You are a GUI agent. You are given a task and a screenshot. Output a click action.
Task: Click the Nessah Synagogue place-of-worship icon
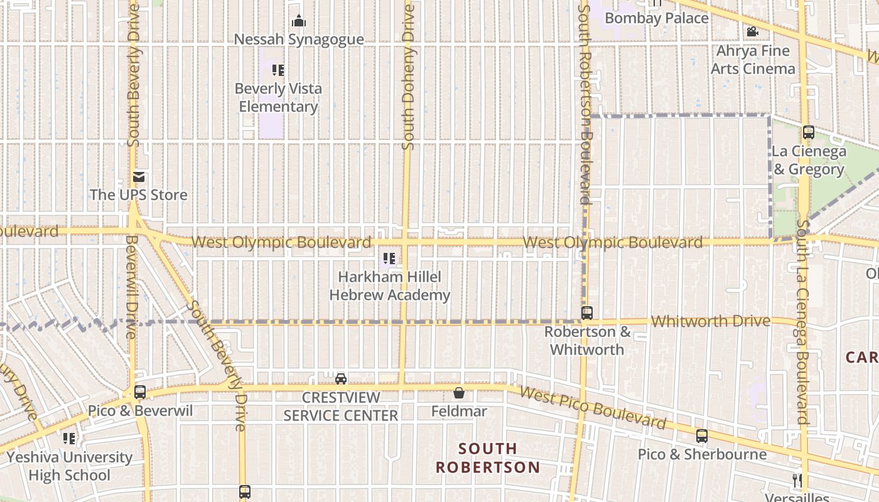click(299, 21)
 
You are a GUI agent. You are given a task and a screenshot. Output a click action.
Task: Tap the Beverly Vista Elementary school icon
click(278, 70)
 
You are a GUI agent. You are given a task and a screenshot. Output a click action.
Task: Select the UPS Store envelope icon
click(139, 177)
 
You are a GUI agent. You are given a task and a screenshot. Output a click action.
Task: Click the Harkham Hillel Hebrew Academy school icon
click(389, 258)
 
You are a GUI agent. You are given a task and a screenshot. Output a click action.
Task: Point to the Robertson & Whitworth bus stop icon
click(587, 312)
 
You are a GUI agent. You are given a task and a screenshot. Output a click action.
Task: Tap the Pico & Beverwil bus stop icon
click(140, 392)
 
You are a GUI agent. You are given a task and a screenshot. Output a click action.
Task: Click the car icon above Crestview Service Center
click(341, 378)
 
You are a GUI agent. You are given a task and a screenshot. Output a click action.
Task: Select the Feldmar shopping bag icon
click(459, 393)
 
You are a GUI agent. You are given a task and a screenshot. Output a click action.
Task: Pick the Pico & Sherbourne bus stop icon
click(702, 436)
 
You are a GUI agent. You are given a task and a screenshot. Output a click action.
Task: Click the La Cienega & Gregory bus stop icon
click(809, 132)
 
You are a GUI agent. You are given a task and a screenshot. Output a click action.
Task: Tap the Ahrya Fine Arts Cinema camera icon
click(752, 32)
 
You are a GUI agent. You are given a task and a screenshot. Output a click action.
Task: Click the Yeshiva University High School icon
click(69, 438)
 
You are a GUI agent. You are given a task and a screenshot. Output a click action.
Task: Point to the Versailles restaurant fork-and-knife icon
click(797, 481)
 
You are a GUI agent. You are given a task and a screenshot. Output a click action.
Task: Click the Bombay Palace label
click(657, 18)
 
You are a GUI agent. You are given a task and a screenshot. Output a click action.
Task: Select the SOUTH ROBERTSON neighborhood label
click(488, 458)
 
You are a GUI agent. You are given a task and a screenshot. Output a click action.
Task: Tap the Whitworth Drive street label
click(710, 321)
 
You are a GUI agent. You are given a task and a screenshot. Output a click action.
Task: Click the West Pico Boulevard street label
click(593, 407)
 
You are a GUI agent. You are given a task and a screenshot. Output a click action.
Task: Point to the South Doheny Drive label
click(409, 77)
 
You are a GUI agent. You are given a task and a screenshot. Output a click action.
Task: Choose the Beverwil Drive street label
click(131, 286)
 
